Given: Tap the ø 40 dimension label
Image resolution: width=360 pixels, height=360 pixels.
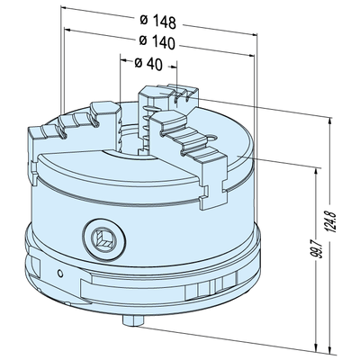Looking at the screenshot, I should click(148, 64).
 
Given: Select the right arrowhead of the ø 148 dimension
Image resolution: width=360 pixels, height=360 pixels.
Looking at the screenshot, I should click(256, 27).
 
